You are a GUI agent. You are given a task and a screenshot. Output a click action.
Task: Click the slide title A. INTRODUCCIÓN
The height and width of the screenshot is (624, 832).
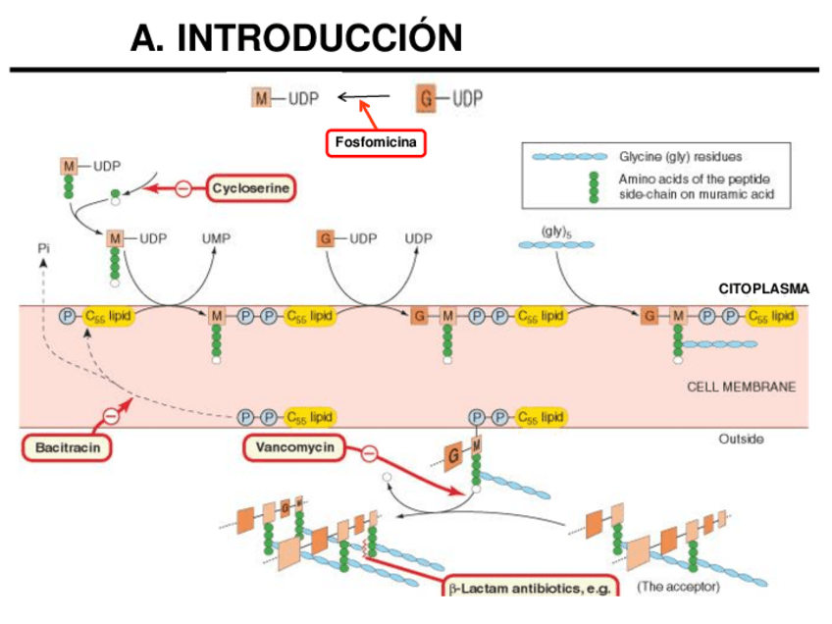point(296,38)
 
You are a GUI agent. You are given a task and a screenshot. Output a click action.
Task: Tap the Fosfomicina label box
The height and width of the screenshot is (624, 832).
point(376,143)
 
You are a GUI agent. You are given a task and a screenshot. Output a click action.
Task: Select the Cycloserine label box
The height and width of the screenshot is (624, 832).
point(252,187)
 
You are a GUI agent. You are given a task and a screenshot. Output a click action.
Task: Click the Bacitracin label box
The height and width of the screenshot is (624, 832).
point(66,447)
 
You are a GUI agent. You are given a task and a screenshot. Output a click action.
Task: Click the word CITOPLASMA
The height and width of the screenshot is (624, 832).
point(763,288)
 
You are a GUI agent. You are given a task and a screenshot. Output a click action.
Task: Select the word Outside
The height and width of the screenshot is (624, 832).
point(741,439)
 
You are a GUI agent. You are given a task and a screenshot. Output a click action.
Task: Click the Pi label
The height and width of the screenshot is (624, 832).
point(43,248)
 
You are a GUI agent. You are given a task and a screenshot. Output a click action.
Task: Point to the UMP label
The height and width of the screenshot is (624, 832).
point(216,238)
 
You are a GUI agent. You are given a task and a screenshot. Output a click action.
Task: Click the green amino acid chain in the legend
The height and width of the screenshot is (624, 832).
point(593,187)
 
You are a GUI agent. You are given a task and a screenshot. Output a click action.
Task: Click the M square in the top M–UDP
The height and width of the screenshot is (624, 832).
point(262,98)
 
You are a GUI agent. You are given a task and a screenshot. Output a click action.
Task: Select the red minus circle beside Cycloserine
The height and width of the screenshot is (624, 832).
point(183,187)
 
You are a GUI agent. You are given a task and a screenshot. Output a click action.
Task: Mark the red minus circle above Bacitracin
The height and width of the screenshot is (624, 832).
point(110,416)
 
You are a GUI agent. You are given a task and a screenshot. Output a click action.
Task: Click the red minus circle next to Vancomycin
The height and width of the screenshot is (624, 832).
point(369,453)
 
